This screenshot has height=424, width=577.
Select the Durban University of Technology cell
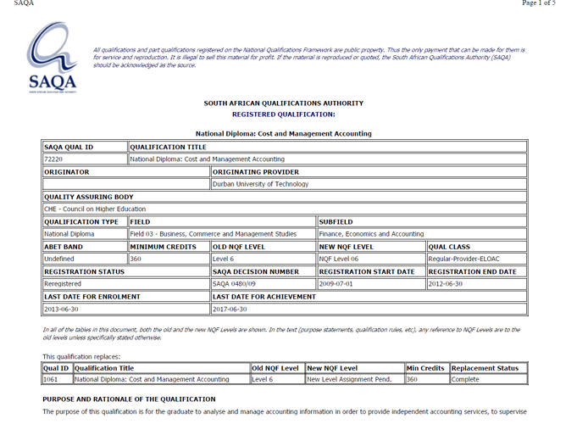tap(260, 183)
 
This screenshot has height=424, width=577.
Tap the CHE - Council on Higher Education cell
tap(95, 209)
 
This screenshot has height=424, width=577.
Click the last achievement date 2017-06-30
tap(230, 309)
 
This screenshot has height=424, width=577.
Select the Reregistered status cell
tap(63, 283)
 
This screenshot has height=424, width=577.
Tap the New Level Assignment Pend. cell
tap(349, 379)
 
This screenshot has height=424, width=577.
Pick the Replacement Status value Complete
tap(466, 379)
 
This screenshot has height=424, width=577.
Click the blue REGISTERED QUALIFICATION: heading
tap(283, 114)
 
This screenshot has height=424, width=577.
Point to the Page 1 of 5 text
tap(538, 3)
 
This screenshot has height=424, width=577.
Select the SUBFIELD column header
tap(336, 221)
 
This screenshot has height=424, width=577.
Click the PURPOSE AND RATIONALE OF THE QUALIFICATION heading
tap(129, 399)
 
